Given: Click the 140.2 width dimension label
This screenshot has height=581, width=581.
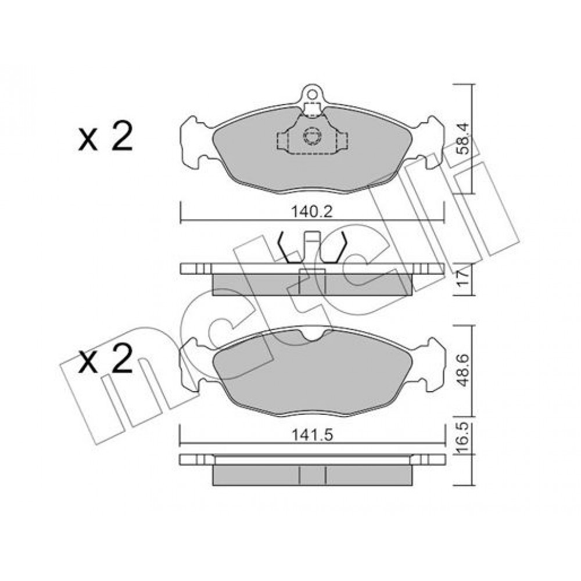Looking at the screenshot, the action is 312,212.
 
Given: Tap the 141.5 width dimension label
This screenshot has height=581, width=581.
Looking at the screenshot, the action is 312,435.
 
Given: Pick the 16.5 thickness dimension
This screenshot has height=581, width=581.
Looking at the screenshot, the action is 463,438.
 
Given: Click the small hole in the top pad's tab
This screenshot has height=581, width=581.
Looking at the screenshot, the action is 311,94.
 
